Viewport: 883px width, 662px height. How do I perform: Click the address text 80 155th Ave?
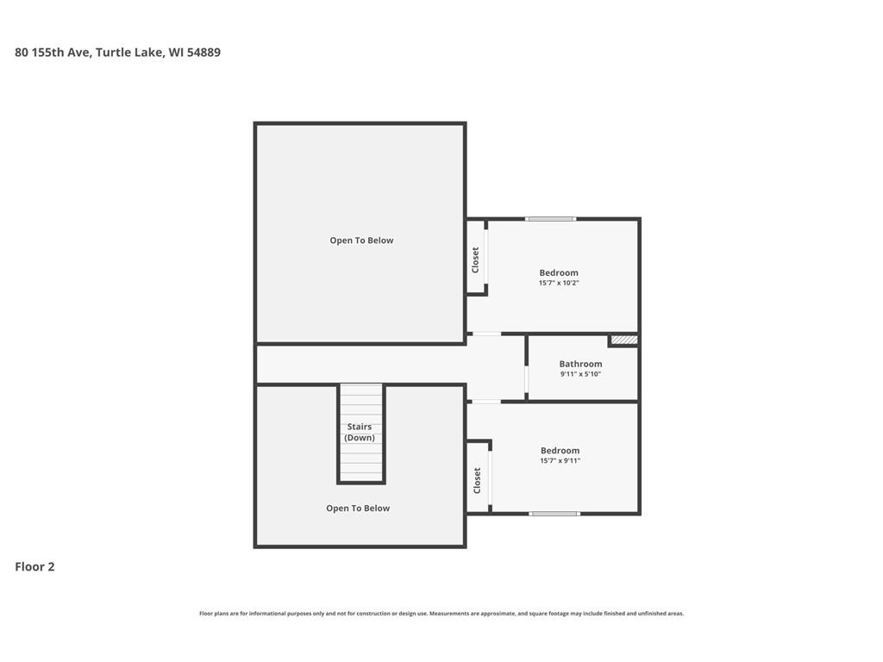click(x=53, y=53)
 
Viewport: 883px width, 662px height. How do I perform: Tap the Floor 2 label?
click(x=34, y=567)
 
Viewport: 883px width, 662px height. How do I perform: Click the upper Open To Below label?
click(x=361, y=240)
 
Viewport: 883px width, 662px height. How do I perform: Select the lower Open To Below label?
click(x=358, y=509)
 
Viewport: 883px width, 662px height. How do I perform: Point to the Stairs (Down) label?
click(x=360, y=433)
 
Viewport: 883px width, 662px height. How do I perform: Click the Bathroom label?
click(x=580, y=365)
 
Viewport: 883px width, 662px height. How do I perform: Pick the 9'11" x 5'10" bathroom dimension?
click(x=580, y=374)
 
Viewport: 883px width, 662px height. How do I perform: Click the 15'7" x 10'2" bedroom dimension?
click(x=559, y=283)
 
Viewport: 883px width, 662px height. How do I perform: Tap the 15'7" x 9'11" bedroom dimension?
click(x=560, y=460)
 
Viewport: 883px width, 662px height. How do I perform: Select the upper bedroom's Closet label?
click(x=475, y=260)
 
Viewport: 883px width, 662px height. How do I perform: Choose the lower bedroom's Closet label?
click(x=477, y=481)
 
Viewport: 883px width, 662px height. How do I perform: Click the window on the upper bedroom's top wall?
click(x=551, y=219)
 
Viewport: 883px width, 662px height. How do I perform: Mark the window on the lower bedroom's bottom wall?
click(x=554, y=514)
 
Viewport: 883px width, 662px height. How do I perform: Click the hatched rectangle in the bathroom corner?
click(x=624, y=340)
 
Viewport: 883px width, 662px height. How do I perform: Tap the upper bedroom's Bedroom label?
click(x=559, y=273)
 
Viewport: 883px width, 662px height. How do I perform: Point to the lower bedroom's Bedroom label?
click(x=560, y=451)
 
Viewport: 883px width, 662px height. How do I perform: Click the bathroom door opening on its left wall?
click(x=527, y=379)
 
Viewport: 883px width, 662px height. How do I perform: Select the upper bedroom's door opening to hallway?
click(x=486, y=334)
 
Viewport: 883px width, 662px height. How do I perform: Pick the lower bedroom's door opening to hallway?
click(x=486, y=402)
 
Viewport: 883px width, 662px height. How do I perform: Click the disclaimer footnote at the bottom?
click(x=441, y=614)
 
